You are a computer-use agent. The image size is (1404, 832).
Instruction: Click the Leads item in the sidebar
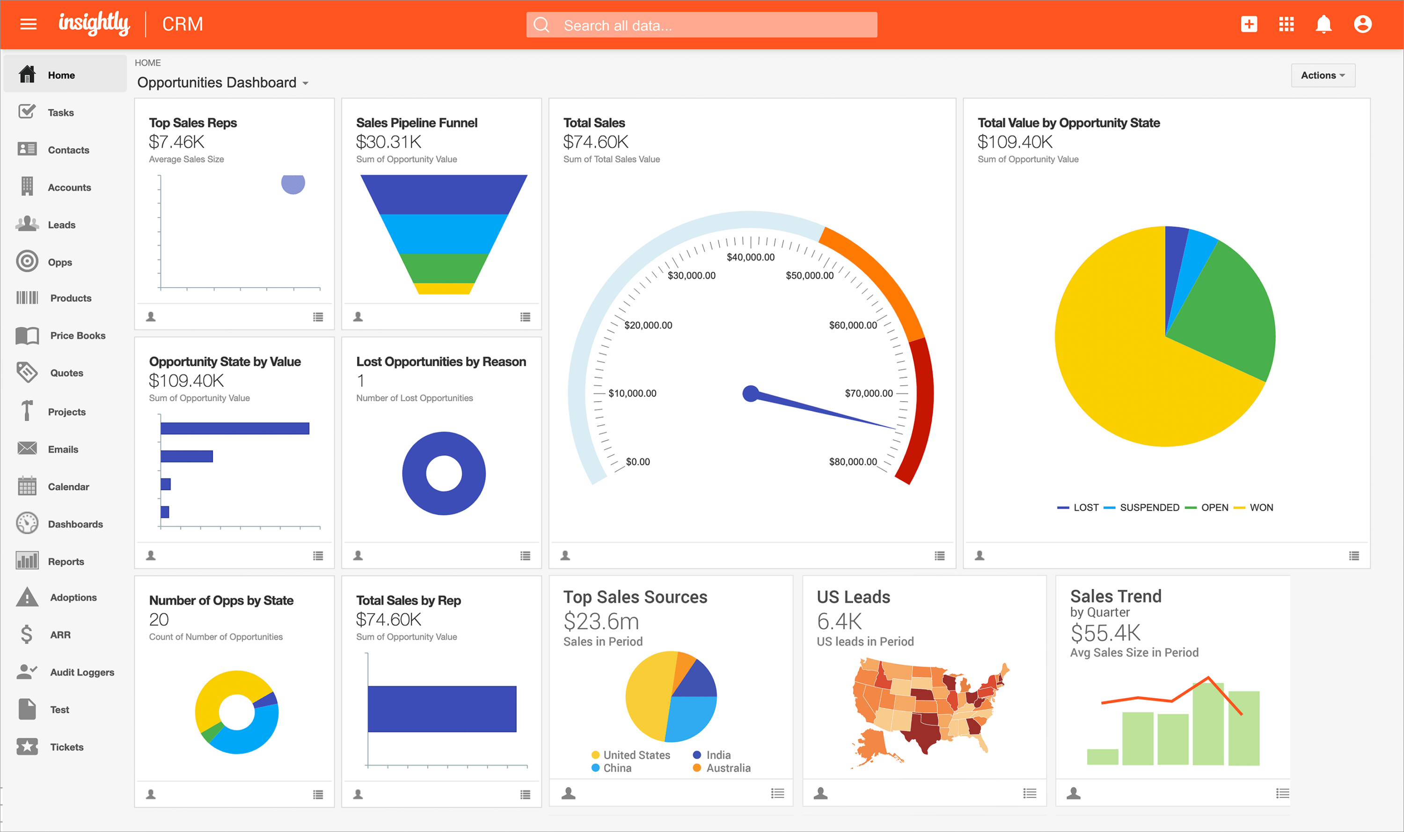point(61,225)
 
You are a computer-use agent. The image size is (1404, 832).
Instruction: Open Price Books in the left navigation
point(77,335)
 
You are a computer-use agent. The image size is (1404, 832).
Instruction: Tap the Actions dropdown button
point(1322,75)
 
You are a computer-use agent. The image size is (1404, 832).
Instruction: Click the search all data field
point(701,25)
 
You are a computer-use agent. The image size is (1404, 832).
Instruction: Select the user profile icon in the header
point(1362,25)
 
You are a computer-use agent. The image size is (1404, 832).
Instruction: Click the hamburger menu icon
point(28,24)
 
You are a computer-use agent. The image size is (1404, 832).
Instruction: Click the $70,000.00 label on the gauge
point(868,393)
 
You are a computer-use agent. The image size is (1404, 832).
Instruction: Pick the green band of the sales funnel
point(443,268)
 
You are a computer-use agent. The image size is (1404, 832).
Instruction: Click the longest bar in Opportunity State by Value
point(234,428)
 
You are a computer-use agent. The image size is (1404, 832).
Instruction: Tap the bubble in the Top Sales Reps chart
point(293,183)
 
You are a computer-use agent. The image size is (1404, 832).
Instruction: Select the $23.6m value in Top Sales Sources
point(601,621)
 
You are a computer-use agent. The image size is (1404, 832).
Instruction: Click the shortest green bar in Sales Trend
point(1102,756)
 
